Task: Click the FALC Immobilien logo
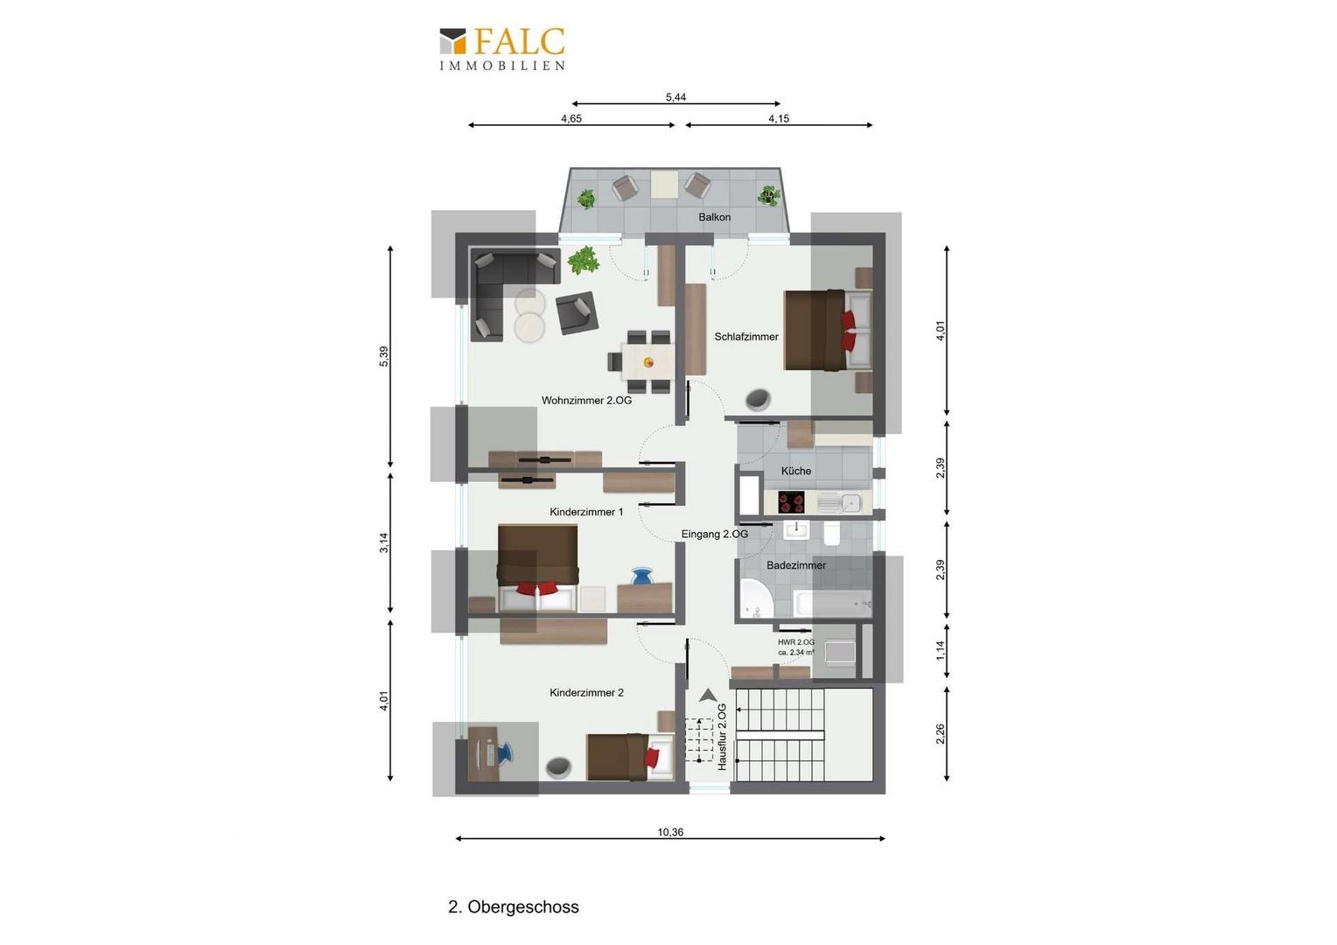(x=502, y=49)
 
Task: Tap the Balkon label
(x=714, y=217)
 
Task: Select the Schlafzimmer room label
(x=746, y=337)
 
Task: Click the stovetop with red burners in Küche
(x=791, y=502)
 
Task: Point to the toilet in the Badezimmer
(x=832, y=534)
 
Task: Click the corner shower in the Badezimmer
(x=756, y=598)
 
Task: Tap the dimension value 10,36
(x=670, y=832)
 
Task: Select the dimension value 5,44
(x=675, y=97)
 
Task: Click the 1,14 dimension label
(x=940, y=651)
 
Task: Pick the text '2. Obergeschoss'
(x=514, y=906)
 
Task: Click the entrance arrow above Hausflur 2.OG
(x=708, y=695)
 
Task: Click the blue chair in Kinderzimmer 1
(x=642, y=577)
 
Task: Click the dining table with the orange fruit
(x=647, y=361)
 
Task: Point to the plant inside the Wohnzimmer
(x=583, y=260)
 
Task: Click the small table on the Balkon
(x=664, y=184)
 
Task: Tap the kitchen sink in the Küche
(x=839, y=502)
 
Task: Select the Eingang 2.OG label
(x=715, y=535)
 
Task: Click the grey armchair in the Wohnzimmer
(x=577, y=312)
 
